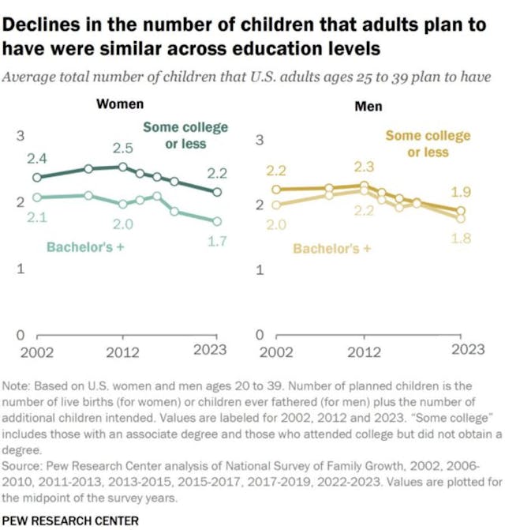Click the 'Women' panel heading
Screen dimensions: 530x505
[120, 105]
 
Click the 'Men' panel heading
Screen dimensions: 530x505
[368, 106]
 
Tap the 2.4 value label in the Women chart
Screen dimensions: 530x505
[36, 159]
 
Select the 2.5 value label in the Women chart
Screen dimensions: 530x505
[122, 148]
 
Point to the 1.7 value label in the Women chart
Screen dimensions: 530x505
[217, 242]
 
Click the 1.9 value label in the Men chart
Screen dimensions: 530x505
[461, 192]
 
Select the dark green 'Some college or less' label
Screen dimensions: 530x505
[185, 135]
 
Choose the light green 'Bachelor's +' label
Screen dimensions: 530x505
[86, 247]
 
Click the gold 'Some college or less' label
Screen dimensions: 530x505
[428, 144]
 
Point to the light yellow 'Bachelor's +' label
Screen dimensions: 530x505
[331, 249]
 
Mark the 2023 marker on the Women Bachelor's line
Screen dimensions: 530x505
[218, 221]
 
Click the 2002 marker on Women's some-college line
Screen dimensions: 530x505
[36, 178]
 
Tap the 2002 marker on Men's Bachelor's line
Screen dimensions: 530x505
[275, 205]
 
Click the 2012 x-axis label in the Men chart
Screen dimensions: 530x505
[363, 351]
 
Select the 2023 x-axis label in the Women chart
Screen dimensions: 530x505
[209, 351]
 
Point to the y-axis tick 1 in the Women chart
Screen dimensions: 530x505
[21, 269]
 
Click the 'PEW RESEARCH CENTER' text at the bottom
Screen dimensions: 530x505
[70, 520]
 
